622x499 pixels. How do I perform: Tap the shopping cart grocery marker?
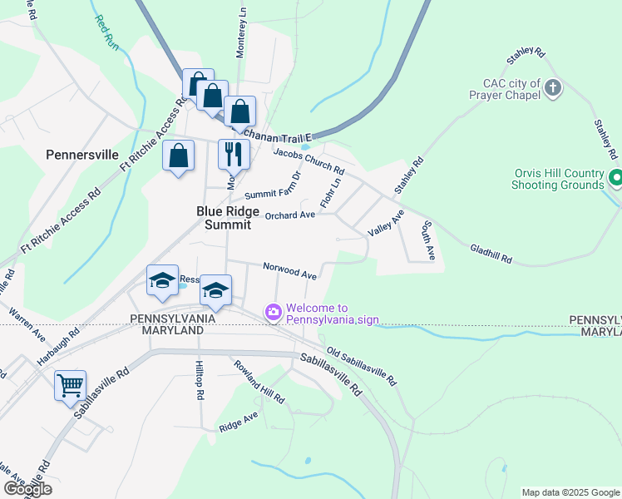pyautogui.click(x=71, y=385)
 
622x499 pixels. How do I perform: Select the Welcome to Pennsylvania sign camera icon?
pyautogui.click(x=272, y=313)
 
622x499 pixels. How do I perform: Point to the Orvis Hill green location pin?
pyautogui.click(x=616, y=178)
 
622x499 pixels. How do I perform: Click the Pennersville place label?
pyautogui.click(x=82, y=155)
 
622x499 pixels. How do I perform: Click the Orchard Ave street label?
pyautogui.click(x=290, y=215)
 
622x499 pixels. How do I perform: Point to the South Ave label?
pyautogui.click(x=427, y=240)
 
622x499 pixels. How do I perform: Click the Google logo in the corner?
pyautogui.click(x=27, y=489)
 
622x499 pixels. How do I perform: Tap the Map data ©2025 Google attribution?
pyautogui.click(x=570, y=492)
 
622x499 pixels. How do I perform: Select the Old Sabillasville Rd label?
pyautogui.click(x=361, y=365)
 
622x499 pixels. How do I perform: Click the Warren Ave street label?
pyautogui.click(x=27, y=326)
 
